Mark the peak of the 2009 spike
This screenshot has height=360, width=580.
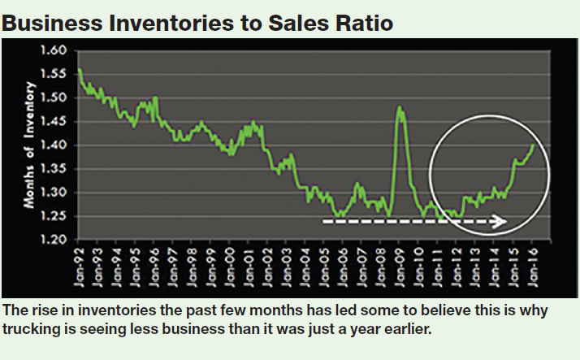399,107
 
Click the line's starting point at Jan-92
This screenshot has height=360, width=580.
79,70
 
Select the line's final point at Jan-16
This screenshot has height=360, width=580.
534,145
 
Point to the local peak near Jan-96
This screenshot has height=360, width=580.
155,98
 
